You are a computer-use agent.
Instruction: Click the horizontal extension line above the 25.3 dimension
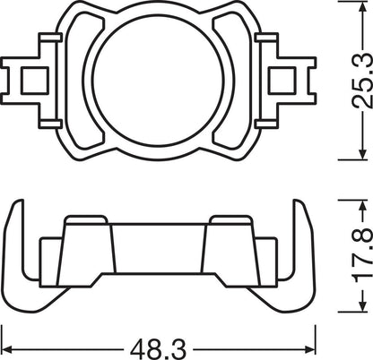[x=345, y=4]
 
